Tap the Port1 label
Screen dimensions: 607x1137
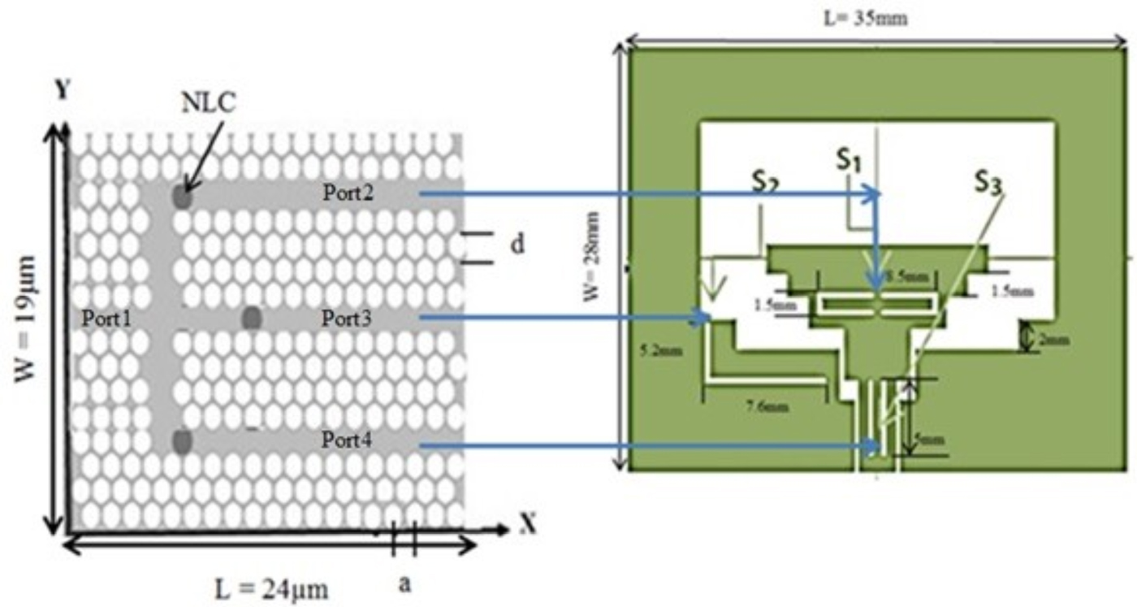(106, 319)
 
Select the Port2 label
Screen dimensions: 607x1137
(346, 193)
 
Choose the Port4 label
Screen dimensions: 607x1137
(346, 444)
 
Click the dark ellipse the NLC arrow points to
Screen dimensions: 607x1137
(182, 197)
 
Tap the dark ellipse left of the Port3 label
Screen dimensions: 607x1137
(252, 319)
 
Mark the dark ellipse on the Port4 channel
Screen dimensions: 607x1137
(182, 441)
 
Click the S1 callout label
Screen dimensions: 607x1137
(849, 162)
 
